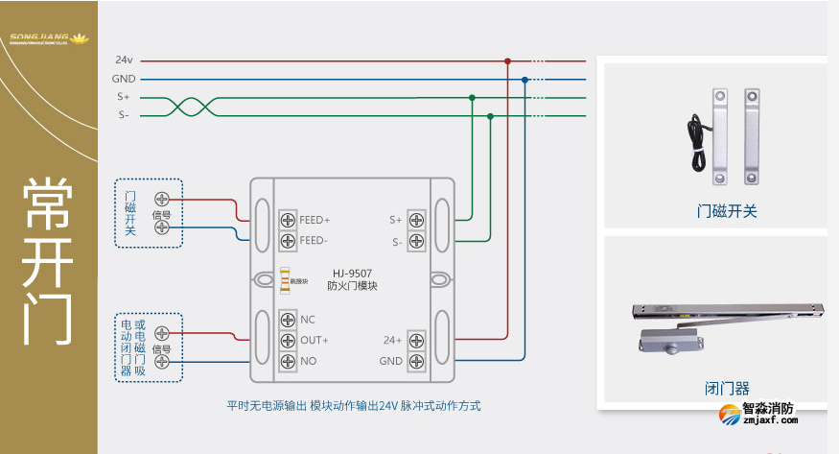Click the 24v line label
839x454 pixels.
pos(124,60)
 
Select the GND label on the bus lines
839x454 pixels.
pos(124,79)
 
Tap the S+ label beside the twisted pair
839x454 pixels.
pos(124,97)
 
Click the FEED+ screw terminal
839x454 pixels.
pos(287,220)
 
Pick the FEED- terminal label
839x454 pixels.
pos(314,240)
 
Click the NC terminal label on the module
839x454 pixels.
pos(308,320)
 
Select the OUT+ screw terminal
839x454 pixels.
pos(287,341)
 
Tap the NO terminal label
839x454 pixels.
pos(308,361)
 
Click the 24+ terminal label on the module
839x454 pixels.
pos(392,341)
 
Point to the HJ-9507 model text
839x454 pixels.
pos(352,273)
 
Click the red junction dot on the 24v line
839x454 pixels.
pos(507,61)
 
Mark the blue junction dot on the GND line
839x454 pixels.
pos(524,79)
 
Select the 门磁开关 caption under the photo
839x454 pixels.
pos(727,211)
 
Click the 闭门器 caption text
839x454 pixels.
pos(727,389)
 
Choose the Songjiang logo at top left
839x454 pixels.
pos(48,39)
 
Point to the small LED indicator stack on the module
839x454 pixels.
pos(284,280)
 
